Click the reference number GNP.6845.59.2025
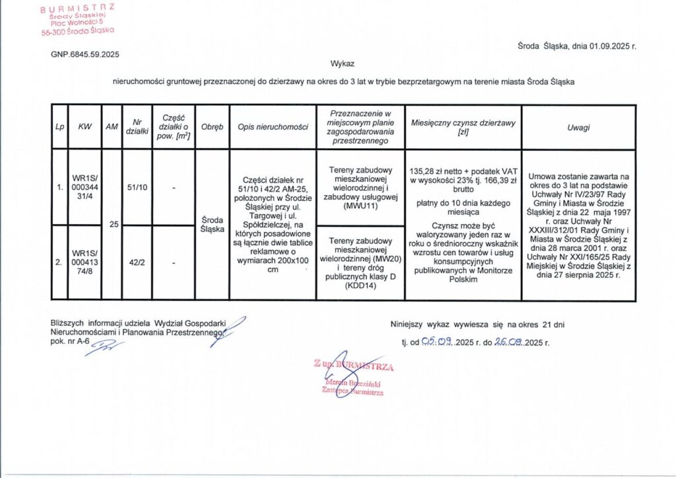(85, 54)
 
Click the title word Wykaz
(343, 64)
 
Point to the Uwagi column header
(578, 127)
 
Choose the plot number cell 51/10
(137, 188)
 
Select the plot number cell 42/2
(137, 262)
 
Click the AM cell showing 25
(114, 225)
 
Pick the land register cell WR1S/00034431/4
(84, 188)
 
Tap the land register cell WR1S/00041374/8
(84, 262)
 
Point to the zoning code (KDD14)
(360, 286)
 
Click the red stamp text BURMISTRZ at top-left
(77, 7)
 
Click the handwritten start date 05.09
(438, 342)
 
